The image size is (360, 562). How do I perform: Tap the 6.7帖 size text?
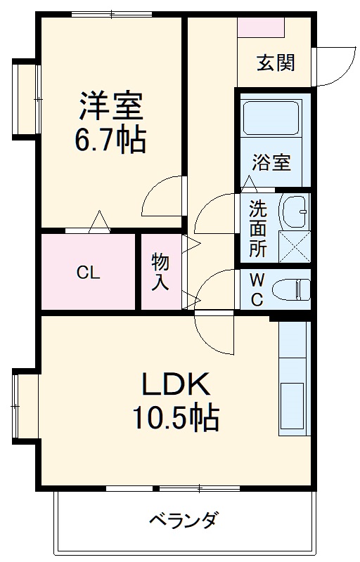[x=110, y=141]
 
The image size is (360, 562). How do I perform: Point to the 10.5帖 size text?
[x=176, y=419]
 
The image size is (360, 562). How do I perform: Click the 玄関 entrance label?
[x=275, y=63]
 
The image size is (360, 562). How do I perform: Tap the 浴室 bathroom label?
[x=271, y=162]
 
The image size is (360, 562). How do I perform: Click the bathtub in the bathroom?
[x=271, y=119]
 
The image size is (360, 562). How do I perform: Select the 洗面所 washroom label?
[x=258, y=229]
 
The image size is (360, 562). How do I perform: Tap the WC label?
[x=257, y=289]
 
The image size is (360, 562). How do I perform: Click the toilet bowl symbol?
[x=291, y=289]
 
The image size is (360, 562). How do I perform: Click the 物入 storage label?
[x=161, y=272]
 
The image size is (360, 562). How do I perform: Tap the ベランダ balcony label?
[x=183, y=521]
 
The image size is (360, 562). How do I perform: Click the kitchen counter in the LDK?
[x=292, y=379]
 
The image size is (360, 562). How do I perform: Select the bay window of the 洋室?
[x=25, y=98]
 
